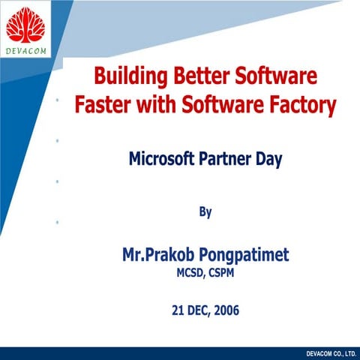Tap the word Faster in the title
click(x=103, y=105)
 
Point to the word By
click(x=205, y=212)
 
